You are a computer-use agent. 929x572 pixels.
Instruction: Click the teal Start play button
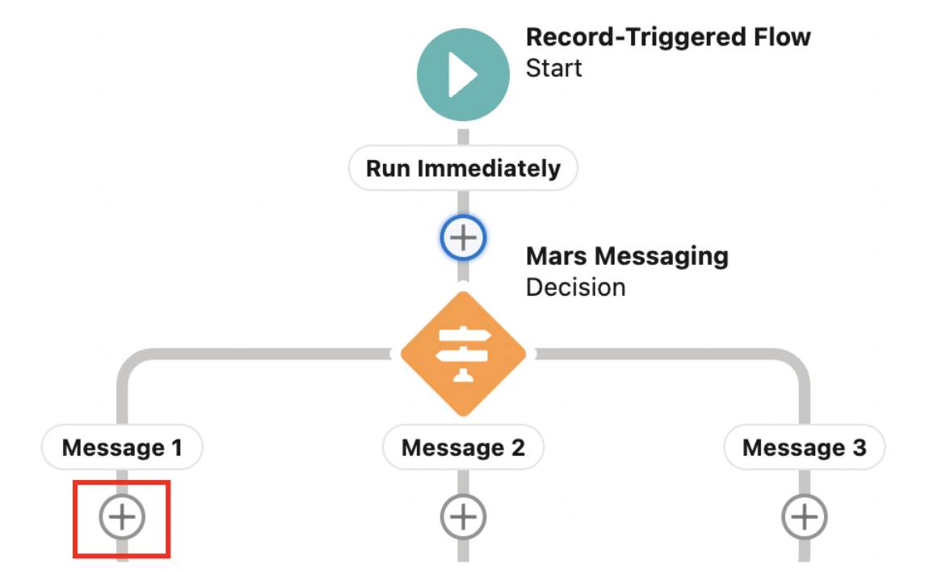pos(463,74)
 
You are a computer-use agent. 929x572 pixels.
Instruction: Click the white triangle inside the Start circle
pos(465,74)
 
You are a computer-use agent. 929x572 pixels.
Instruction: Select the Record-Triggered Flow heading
pos(668,37)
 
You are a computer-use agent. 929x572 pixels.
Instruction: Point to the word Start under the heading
pos(553,68)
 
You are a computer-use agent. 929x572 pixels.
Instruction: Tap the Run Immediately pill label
pos(463,169)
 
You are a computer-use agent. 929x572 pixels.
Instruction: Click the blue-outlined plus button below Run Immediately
pos(463,238)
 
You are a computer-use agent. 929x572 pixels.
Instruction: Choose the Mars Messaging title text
pos(627,257)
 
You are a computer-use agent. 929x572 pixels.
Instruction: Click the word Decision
pos(575,287)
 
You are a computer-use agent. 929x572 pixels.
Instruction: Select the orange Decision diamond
pos(463,354)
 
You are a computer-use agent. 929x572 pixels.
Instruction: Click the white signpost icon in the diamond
pos(463,354)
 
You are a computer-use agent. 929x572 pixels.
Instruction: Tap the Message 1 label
pos(122,448)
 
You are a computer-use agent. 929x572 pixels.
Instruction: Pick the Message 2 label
pos(463,448)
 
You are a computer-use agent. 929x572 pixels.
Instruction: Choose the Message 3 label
pos(804,448)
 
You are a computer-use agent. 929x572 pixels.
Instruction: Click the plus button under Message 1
pos(122,516)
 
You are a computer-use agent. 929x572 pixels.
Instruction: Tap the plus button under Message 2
pos(463,516)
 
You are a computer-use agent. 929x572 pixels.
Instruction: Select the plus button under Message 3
pos(804,516)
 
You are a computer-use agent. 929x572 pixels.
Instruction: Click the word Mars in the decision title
pos(555,257)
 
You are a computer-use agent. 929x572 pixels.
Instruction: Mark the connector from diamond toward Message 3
pos(662,353)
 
